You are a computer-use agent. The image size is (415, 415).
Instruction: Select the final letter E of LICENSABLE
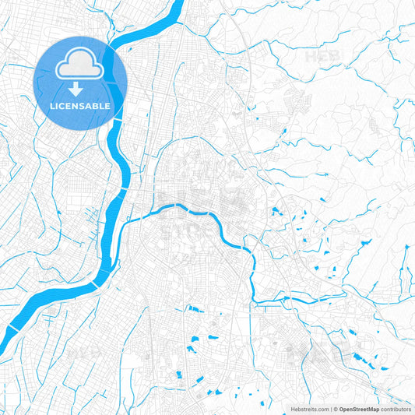pos(109,106)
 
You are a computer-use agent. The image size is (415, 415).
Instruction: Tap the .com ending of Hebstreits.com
pos(320,408)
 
